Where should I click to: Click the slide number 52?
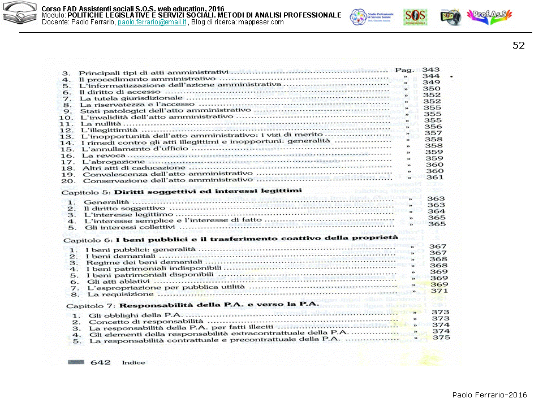click(x=518, y=46)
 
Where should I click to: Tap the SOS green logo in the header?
click(x=415, y=16)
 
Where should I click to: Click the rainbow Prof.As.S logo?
click(x=491, y=16)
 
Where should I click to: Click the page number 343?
click(x=431, y=70)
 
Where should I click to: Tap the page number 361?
click(x=434, y=177)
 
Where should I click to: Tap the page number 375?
click(x=441, y=337)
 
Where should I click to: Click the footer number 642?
click(x=101, y=362)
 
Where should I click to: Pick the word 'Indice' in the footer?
click(x=133, y=363)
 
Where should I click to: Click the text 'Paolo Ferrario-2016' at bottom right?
click(x=489, y=395)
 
